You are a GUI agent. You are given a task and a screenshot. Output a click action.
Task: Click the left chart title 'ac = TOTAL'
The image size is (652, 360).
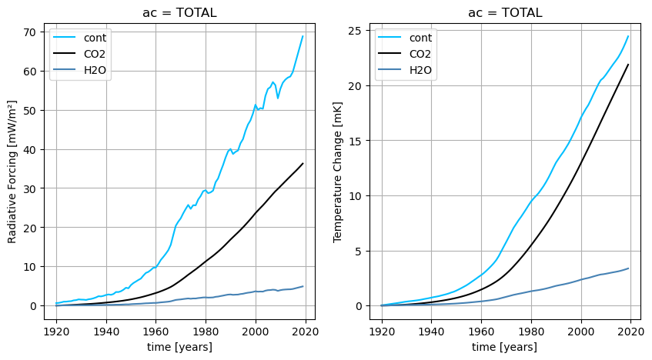pos(179,13)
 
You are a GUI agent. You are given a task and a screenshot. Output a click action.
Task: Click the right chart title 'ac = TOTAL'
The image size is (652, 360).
pos(505,13)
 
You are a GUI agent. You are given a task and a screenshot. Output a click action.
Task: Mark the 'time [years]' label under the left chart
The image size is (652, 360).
pos(179,347)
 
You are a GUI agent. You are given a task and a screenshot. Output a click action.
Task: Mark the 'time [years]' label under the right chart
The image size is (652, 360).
pos(505,347)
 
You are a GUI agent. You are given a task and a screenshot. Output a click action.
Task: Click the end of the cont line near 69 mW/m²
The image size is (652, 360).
pos(303,36)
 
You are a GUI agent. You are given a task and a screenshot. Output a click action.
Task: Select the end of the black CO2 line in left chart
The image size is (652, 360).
pos(303,163)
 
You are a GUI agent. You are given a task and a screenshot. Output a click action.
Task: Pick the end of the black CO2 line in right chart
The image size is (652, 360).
pos(628,65)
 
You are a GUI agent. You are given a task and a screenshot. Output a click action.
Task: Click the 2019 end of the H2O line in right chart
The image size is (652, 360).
pos(628,268)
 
